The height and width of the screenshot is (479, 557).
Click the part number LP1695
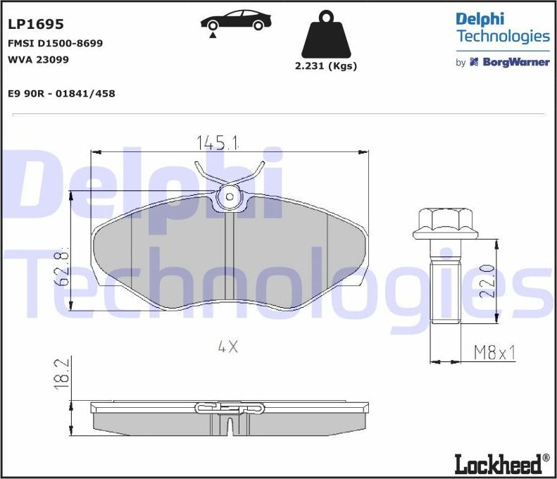coord(35,24)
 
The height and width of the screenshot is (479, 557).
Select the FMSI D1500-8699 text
coord(55,43)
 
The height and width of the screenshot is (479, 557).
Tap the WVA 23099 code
coord(38,59)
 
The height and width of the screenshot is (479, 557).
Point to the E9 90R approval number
coord(61,93)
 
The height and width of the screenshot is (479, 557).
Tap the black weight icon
coord(325,35)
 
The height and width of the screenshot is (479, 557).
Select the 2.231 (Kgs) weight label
coord(325,66)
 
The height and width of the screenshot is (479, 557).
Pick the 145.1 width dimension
coord(217,143)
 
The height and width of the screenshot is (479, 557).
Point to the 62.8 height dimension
coord(63,267)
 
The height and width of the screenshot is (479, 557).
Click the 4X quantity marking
coord(228,347)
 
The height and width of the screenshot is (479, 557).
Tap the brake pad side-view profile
coord(230,421)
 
